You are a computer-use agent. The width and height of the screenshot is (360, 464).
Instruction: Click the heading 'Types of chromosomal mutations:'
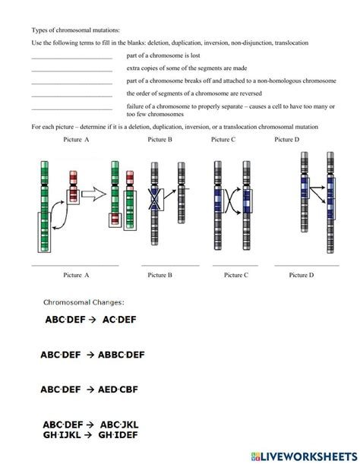coord(76,30)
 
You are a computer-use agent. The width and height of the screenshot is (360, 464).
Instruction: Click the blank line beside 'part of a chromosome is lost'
coord(72,58)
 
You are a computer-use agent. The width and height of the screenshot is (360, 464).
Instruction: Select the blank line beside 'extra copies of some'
coord(72,71)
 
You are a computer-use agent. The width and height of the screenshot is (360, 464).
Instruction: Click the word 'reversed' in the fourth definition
coord(251,93)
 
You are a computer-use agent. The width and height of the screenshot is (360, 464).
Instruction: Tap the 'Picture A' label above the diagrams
coord(76,140)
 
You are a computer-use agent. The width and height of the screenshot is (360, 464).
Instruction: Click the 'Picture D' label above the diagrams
coord(287,140)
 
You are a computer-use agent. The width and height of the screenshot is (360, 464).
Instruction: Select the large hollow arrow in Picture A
coord(93,194)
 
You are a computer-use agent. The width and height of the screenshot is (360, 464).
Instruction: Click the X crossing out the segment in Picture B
coord(154,199)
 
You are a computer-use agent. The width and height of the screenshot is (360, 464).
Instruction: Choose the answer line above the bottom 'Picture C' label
coord(235,266)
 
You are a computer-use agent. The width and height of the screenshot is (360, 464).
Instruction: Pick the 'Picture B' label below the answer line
coord(159,275)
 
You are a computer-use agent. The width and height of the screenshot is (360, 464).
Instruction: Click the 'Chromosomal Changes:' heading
coord(84,302)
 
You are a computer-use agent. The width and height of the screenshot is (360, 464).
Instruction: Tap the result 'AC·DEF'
coord(119,320)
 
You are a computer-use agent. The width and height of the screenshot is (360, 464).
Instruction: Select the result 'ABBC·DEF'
coord(122,355)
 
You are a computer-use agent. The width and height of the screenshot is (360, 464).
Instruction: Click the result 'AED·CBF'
coord(118,390)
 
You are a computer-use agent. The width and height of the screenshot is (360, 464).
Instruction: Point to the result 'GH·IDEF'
coord(118,435)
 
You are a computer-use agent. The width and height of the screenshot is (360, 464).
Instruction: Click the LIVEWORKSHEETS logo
coord(305,456)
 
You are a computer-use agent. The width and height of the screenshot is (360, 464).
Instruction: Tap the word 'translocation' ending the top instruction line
coord(292,43)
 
